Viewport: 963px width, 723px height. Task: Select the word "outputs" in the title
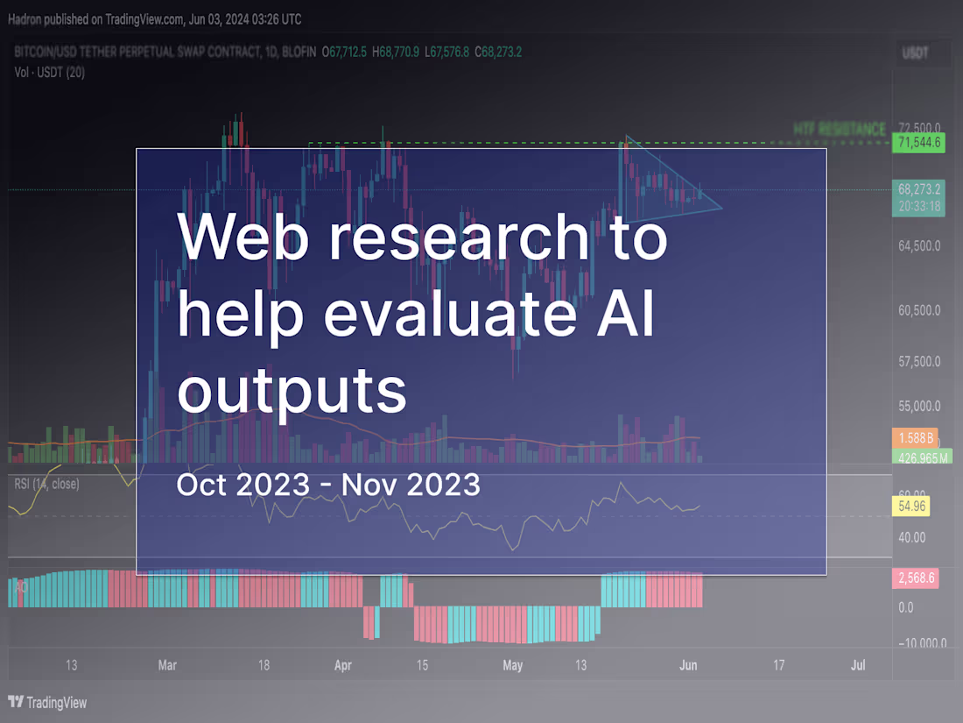click(x=292, y=391)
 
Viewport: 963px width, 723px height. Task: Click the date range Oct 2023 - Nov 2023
click(x=328, y=484)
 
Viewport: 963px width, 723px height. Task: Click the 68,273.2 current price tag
click(x=918, y=189)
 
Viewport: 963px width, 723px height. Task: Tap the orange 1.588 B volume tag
click(x=915, y=436)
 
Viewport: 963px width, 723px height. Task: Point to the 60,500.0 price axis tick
click(x=918, y=310)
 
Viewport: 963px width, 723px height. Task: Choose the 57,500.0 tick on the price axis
click(x=918, y=361)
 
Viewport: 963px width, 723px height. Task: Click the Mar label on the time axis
click(x=167, y=665)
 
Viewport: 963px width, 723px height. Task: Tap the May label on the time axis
click(x=513, y=665)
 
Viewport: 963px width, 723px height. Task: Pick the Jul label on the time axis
click(x=858, y=665)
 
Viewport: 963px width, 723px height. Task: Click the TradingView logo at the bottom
click(x=48, y=702)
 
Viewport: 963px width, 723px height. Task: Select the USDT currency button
click(x=916, y=53)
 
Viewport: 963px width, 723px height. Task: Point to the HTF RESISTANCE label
click(x=840, y=129)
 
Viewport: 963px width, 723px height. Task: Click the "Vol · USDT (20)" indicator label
click(x=50, y=73)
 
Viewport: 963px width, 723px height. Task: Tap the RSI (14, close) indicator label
click(x=46, y=483)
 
